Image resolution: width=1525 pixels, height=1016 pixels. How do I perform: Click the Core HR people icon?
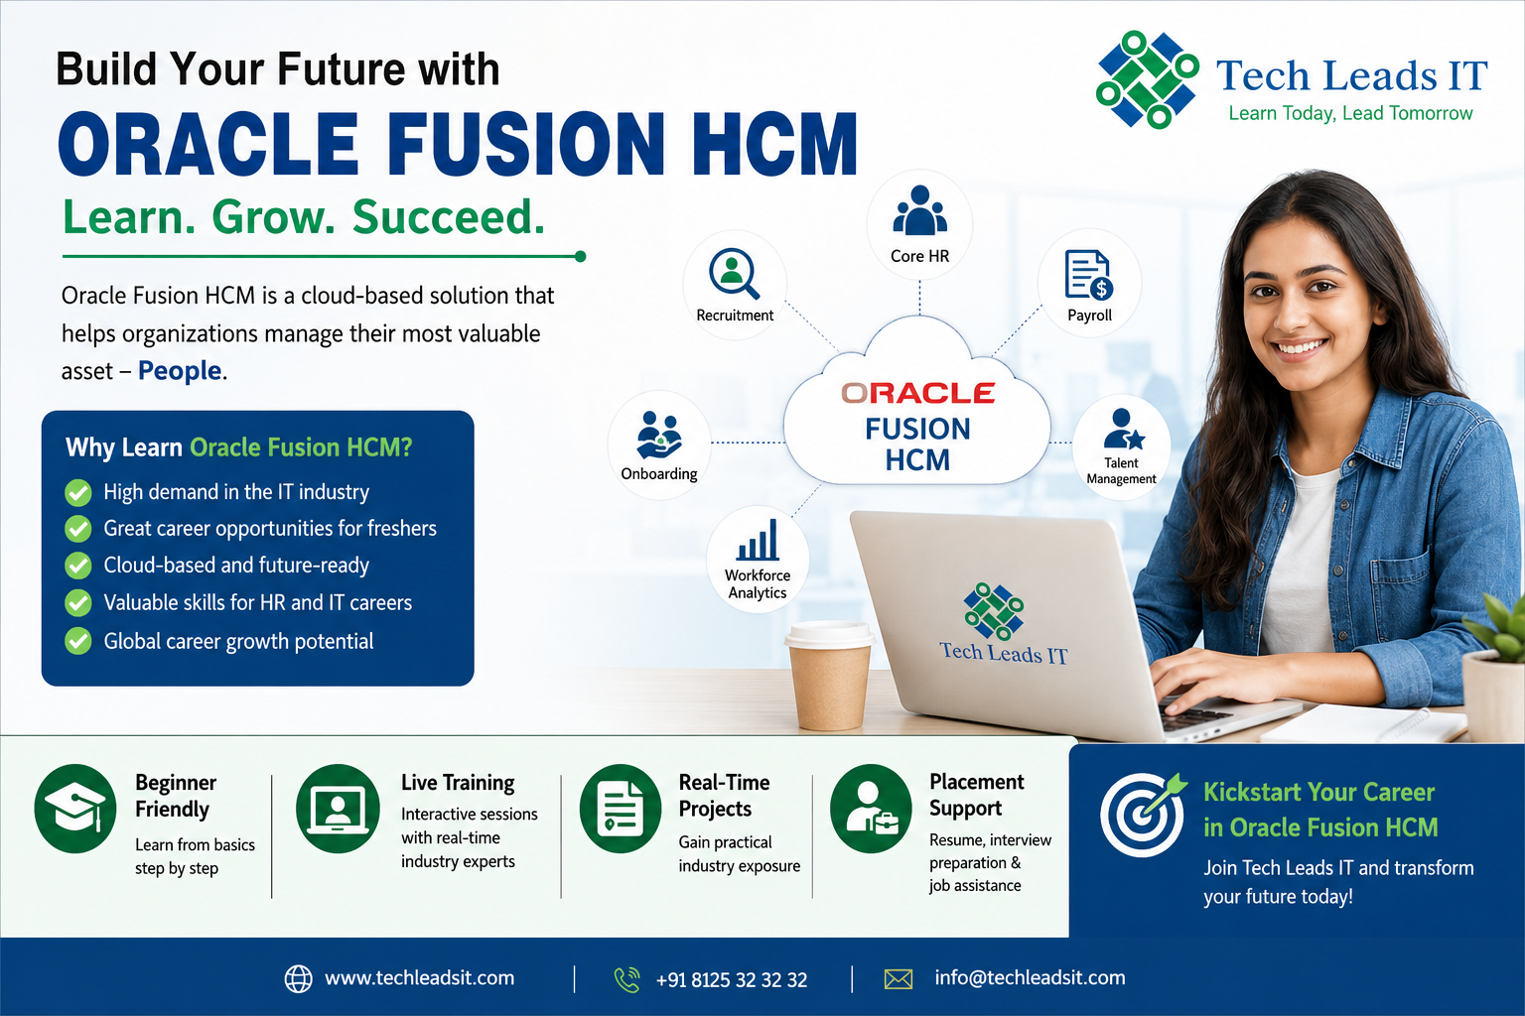(919, 210)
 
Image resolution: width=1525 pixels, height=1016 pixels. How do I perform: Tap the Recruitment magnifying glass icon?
(734, 274)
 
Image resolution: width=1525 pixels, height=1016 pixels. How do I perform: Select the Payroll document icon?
(1088, 275)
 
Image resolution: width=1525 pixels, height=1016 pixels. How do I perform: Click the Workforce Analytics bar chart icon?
(758, 540)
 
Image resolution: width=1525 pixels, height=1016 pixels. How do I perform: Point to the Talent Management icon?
(1123, 430)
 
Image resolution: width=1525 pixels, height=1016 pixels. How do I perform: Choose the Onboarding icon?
(658, 436)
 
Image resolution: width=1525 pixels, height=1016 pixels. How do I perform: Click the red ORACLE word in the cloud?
(917, 393)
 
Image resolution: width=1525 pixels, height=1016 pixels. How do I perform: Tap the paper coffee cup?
(829, 676)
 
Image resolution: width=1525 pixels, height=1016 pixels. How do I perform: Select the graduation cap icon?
(74, 809)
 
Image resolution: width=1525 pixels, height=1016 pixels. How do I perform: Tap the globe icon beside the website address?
(298, 979)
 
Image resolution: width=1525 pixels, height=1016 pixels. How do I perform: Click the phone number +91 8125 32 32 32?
(731, 980)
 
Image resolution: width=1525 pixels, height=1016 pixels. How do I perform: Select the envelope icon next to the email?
(898, 979)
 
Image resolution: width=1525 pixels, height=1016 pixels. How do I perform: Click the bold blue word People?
(180, 371)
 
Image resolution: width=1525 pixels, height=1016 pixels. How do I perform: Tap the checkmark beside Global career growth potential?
(78, 641)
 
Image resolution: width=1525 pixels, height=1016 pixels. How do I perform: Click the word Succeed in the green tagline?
(449, 217)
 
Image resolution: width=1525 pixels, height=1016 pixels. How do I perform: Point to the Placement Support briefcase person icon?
(871, 809)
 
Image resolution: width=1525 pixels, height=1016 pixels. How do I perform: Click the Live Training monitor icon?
(338, 809)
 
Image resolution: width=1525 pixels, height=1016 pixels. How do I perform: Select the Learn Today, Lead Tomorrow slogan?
(1350, 114)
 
